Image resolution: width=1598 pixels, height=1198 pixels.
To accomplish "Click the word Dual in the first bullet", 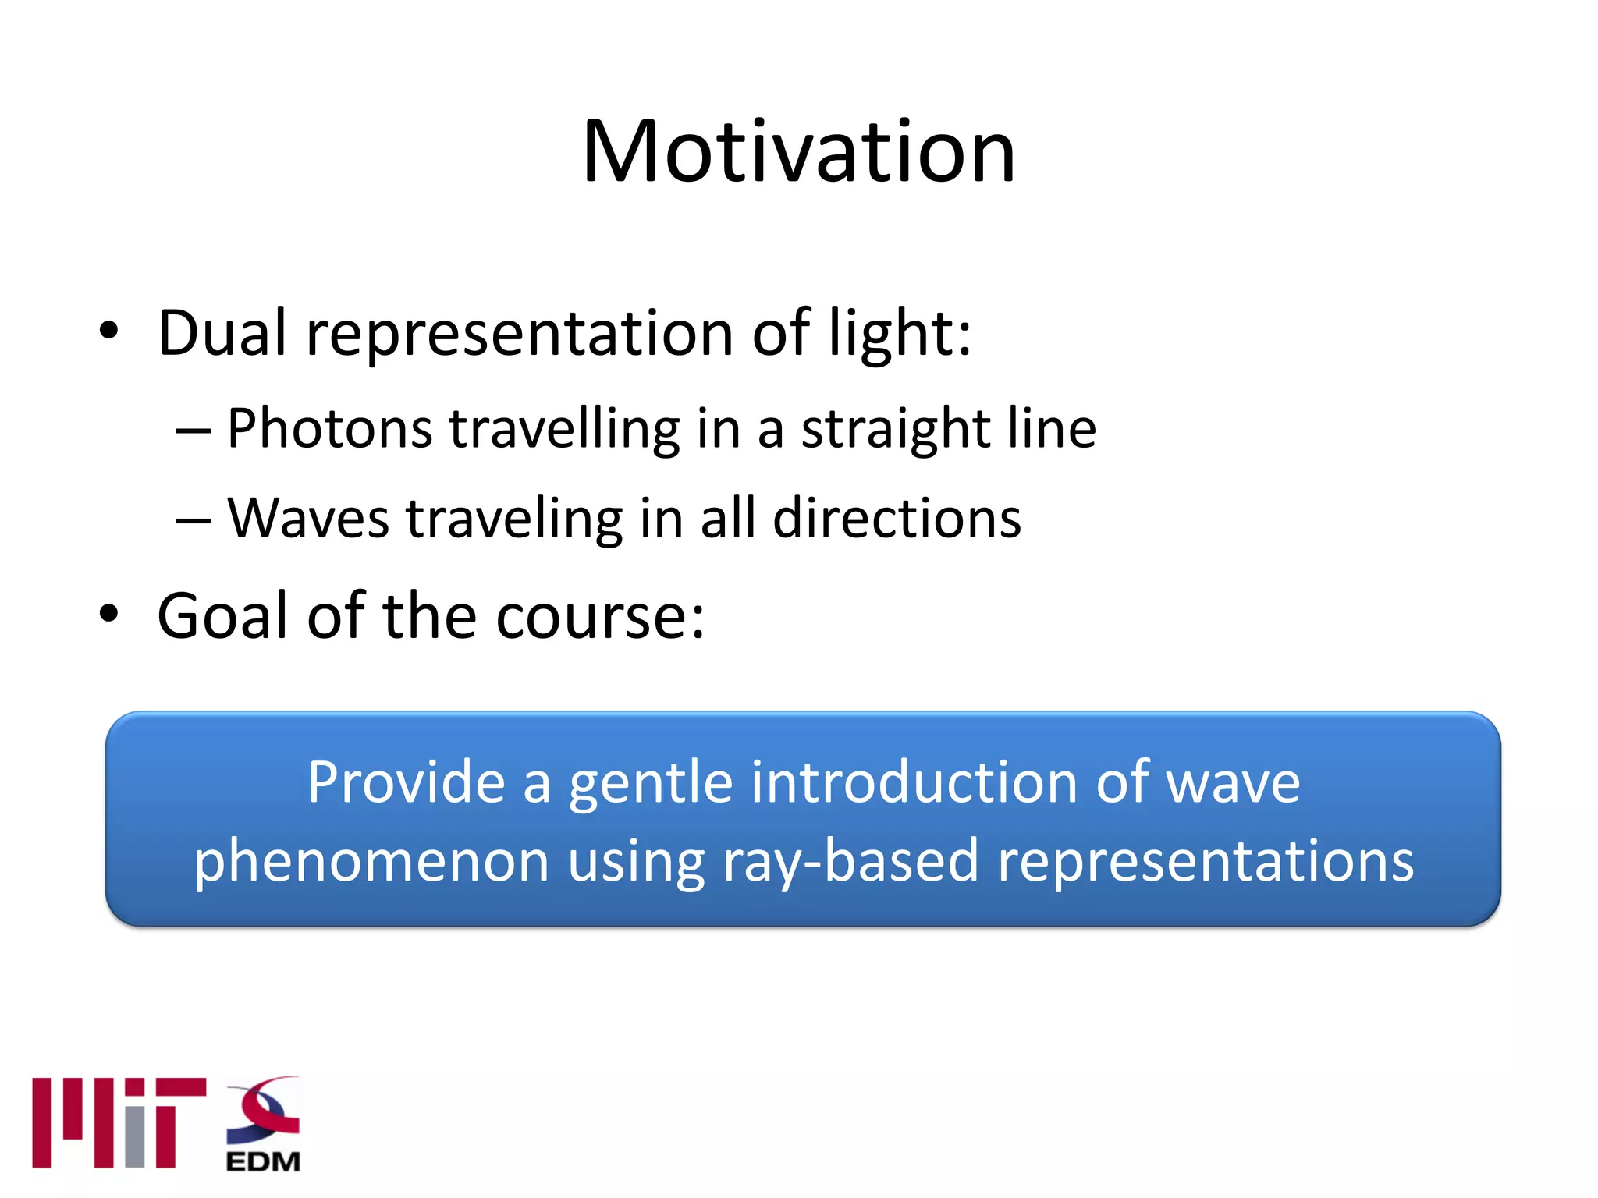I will pyautogui.click(x=222, y=333).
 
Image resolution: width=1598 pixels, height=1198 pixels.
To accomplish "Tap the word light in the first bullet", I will pyautogui.click(x=890, y=333).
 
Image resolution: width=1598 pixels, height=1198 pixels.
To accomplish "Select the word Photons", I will pyautogui.click(x=329, y=429).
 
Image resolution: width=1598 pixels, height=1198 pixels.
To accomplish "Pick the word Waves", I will pyautogui.click(x=307, y=519).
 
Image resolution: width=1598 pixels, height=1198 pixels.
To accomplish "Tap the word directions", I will pyautogui.click(x=897, y=519).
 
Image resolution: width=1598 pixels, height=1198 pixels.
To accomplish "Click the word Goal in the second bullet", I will pyautogui.click(x=223, y=616).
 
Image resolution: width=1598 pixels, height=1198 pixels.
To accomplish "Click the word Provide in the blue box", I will pyautogui.click(x=406, y=782).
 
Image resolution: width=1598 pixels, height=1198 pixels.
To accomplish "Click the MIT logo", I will pyautogui.click(x=119, y=1122).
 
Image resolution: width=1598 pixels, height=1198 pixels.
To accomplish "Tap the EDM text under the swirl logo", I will pyautogui.click(x=263, y=1161).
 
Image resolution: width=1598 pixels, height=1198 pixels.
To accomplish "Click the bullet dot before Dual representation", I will pyautogui.click(x=108, y=331).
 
